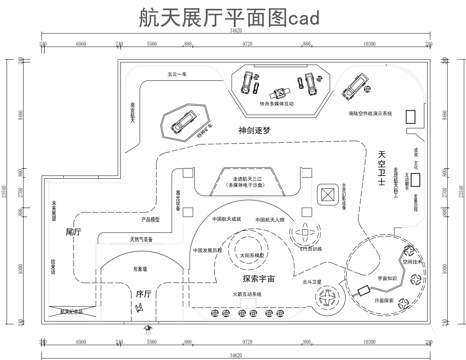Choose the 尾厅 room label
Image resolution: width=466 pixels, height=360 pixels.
coord(71,232)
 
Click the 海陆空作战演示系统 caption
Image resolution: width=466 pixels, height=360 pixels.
coord(370,113)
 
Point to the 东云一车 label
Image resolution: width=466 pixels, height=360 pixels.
coord(178,73)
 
